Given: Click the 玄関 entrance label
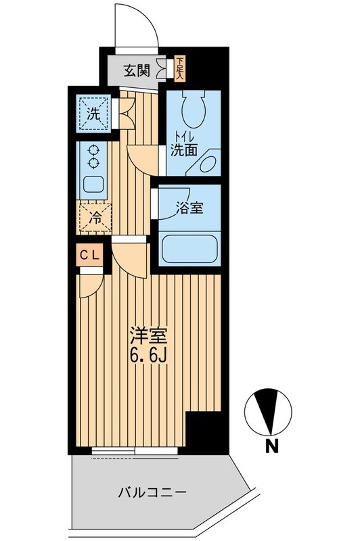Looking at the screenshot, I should pyautogui.click(x=137, y=70).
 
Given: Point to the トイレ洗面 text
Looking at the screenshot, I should pyautogui.click(x=184, y=143).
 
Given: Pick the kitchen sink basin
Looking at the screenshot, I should pyautogui.click(x=92, y=184).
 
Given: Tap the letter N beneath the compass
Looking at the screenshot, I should pyautogui.click(x=271, y=446).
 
